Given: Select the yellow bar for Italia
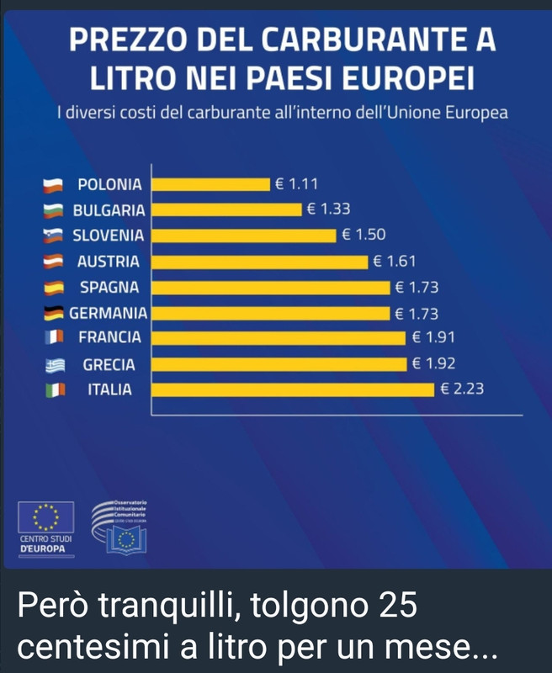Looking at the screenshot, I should point(295,390).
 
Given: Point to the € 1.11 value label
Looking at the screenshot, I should point(296,184).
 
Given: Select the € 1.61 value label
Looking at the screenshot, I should point(395,262).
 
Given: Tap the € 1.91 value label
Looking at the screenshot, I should point(434,338).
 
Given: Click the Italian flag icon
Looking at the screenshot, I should point(56,390).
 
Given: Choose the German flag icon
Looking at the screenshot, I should point(56,313).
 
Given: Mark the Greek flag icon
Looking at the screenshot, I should point(56,364).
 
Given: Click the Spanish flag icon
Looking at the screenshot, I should point(56,288).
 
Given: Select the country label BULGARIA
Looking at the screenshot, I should point(109,210).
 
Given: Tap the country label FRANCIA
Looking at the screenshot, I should point(110,338).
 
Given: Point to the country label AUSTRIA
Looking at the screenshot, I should point(109,262).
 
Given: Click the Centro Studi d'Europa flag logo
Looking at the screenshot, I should point(46,516).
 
